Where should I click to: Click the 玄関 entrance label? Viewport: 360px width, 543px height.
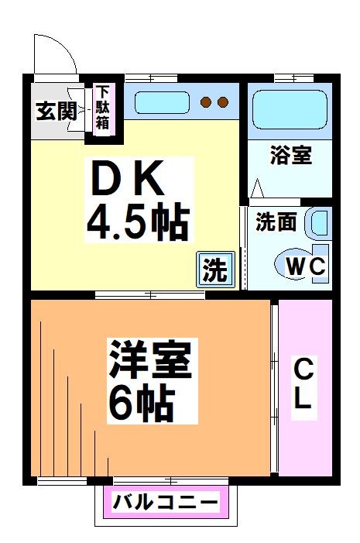55,110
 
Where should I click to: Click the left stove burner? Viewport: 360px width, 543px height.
207,101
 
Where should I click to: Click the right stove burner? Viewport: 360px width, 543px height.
223,101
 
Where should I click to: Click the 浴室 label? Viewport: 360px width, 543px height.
290,155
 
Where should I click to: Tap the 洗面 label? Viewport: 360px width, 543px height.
276,222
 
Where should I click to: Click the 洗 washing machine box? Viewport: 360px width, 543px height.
215,269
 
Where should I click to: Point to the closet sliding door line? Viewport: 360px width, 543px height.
274,387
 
